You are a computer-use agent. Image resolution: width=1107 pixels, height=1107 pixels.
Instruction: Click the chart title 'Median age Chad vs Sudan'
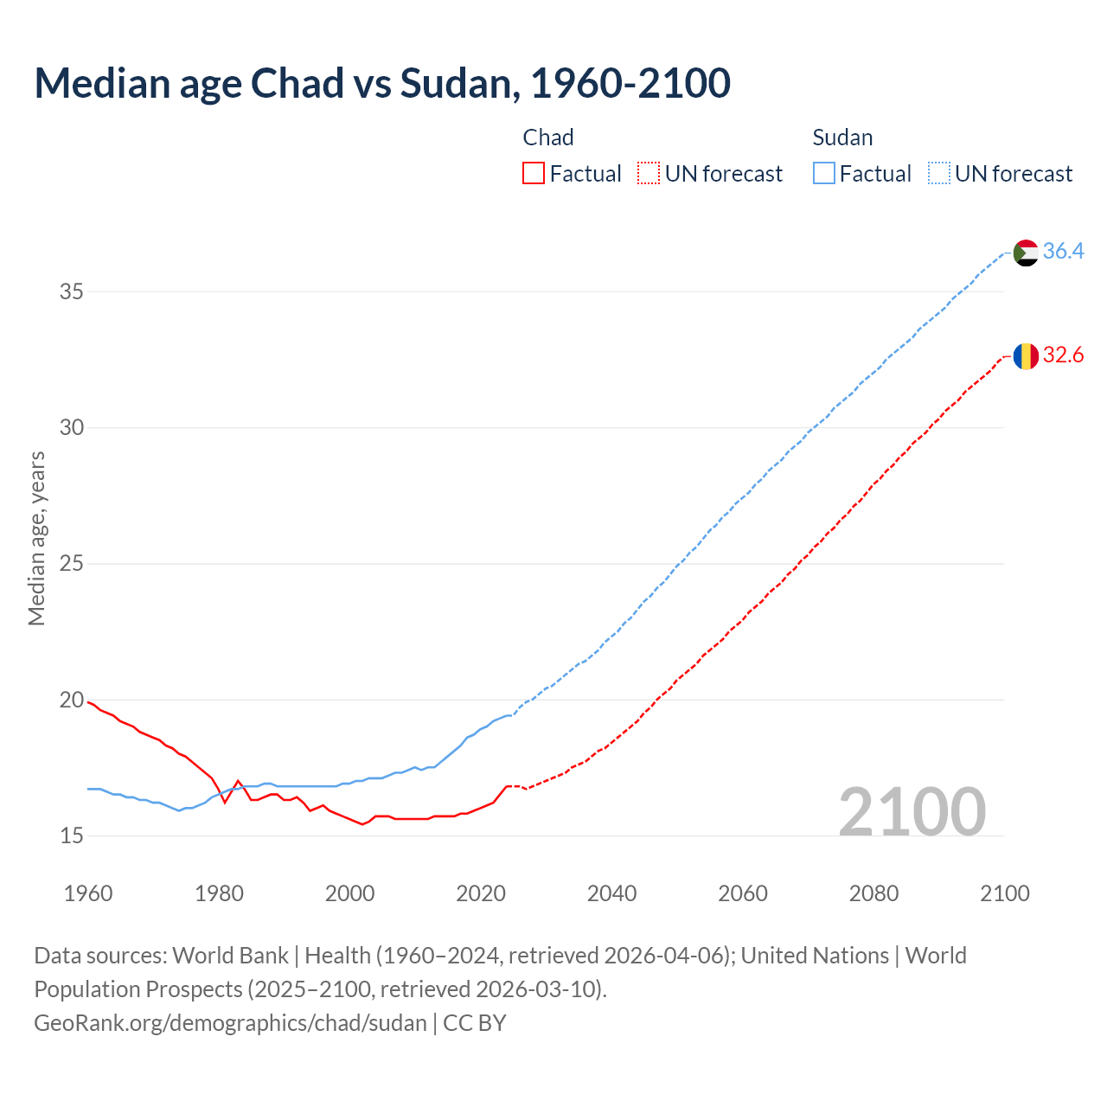pos(382,83)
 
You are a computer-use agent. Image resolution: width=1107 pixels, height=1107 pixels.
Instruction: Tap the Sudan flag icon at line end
pos(1026,253)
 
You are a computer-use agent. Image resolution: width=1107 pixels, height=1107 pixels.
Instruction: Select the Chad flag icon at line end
pos(1026,355)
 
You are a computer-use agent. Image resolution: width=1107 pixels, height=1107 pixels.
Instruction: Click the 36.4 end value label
pos(1063,252)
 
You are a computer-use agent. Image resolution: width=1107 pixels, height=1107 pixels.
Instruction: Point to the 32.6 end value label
pos(1063,355)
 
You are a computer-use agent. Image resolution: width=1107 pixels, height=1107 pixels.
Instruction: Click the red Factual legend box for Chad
pos(534,174)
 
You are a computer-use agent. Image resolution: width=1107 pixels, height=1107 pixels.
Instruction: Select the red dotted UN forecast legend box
pos(649,174)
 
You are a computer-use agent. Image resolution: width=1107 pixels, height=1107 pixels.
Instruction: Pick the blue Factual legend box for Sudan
pos(824,174)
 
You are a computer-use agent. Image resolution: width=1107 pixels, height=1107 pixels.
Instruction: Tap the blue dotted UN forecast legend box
pos(939,174)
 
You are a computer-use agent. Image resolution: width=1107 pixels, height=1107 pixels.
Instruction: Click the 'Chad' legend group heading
pos(548,138)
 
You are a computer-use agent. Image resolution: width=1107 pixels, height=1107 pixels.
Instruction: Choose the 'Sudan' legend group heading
pos(842,138)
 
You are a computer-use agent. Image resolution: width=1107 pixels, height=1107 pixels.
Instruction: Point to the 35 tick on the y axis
pos(71,292)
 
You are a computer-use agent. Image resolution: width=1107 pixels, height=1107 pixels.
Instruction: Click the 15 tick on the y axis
pos(71,835)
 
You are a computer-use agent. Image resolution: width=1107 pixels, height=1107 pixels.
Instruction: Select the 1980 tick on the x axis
pos(219,893)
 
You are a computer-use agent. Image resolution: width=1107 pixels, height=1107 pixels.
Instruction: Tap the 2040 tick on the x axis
pos(611,893)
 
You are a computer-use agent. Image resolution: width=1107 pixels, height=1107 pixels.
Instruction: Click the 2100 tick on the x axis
pos(1004,893)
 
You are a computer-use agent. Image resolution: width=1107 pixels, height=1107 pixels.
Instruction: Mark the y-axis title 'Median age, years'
pos(36,538)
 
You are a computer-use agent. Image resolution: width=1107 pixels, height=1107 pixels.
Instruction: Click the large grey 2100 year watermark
pos(912,811)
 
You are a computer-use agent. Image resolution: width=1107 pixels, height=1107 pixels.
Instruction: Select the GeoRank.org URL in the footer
pos(230,1023)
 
